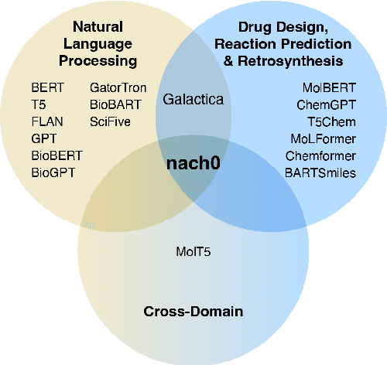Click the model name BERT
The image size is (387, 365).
click(x=47, y=88)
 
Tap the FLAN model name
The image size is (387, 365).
click(x=47, y=121)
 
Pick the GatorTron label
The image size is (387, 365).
click(x=118, y=88)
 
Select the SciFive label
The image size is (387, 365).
click(x=111, y=121)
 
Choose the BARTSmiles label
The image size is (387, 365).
click(x=321, y=172)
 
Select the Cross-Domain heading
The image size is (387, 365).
click(x=193, y=312)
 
